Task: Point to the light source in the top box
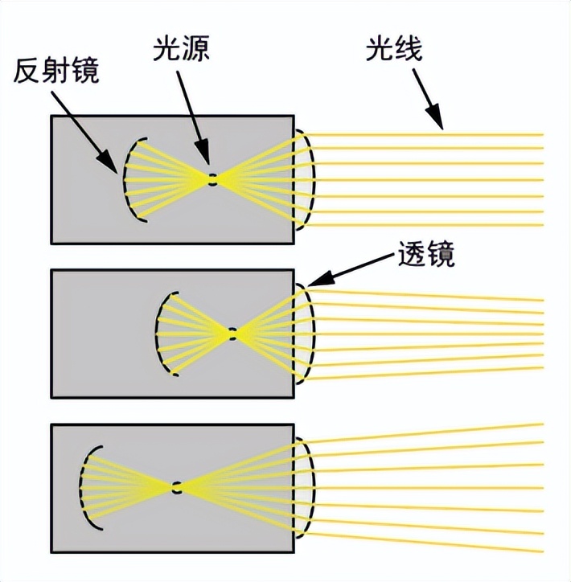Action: point(212,179)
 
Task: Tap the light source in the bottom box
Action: point(177,487)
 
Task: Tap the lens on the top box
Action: point(306,178)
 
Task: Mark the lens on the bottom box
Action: point(306,487)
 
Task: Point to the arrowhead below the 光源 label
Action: point(207,158)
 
